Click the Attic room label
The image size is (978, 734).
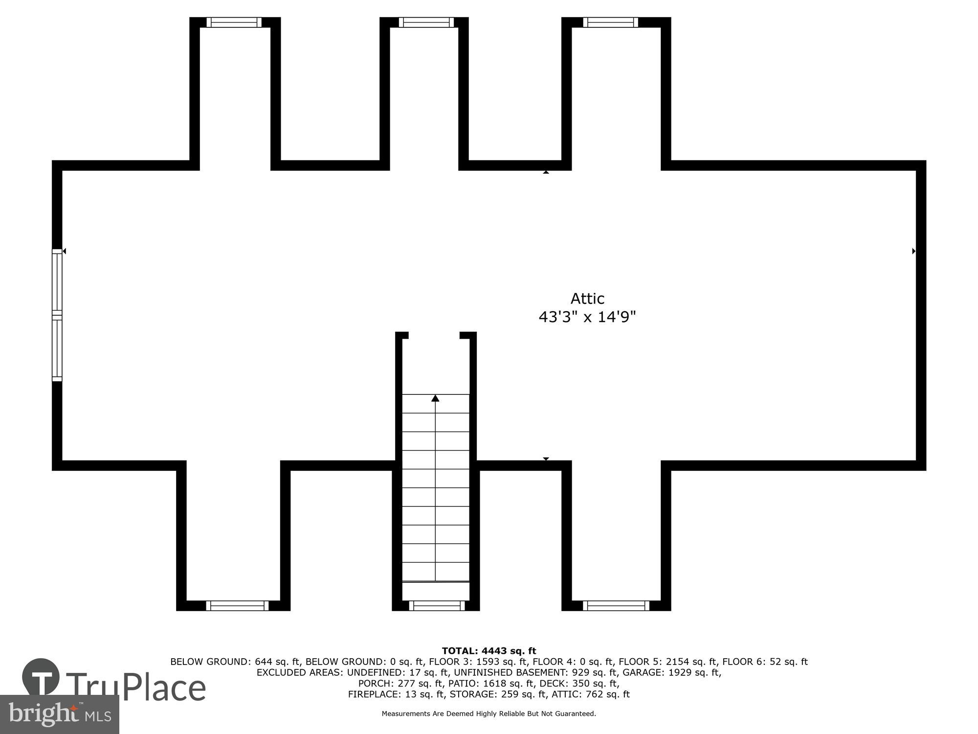coord(587,298)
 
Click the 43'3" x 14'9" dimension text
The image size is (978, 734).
coord(587,317)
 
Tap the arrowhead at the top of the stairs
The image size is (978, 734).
coord(435,398)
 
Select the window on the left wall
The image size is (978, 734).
coord(57,315)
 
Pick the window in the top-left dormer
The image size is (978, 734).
coord(234,23)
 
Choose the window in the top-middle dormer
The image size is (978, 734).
coord(426,23)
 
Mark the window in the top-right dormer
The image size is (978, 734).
coord(610,23)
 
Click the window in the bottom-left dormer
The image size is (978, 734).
coord(237,606)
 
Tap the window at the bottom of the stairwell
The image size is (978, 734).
coord(436,606)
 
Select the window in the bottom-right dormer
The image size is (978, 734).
coord(616,606)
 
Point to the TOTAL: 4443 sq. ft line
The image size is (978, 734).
coord(489,651)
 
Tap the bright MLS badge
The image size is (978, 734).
coord(60,714)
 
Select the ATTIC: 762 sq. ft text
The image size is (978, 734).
coord(591,694)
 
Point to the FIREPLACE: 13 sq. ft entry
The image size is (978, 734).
coord(396,694)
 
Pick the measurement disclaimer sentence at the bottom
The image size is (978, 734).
coord(489,714)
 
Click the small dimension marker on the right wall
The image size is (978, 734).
coord(913,251)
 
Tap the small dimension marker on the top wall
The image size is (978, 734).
coord(546,172)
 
